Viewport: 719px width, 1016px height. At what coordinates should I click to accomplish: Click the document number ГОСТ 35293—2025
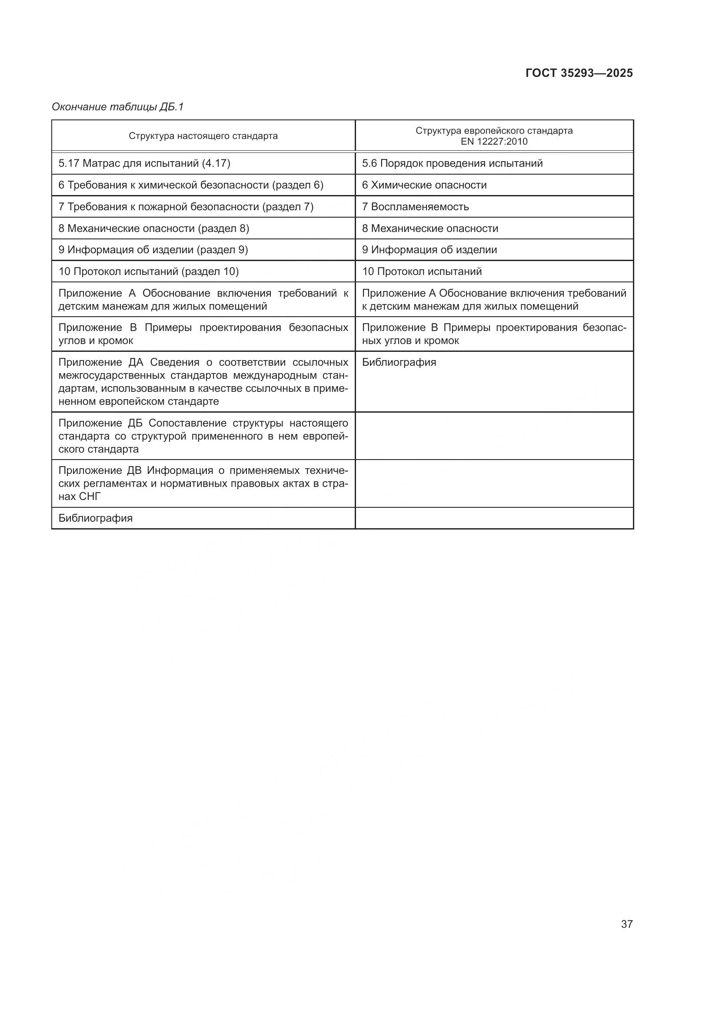click(579, 73)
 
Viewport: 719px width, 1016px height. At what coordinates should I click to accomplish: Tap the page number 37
click(626, 924)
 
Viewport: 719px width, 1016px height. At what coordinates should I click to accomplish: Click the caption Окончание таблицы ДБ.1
click(117, 107)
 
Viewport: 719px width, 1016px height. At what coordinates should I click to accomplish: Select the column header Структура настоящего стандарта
click(203, 136)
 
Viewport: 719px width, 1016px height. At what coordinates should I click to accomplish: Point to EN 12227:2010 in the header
click(494, 142)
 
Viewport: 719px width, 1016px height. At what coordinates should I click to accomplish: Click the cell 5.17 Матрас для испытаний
click(144, 163)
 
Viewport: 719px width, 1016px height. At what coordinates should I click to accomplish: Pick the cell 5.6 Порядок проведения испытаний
click(452, 163)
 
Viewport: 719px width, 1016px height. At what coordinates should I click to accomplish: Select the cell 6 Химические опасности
click(424, 185)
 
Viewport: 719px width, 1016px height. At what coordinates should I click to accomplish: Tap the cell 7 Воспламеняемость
click(415, 207)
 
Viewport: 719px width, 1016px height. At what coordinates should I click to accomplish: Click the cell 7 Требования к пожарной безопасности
click(186, 207)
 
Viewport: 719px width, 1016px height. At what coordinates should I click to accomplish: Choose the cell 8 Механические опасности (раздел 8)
click(153, 228)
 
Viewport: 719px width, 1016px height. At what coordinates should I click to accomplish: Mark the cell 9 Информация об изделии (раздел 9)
click(153, 250)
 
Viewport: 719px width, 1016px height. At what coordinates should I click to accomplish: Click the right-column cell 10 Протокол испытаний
click(422, 271)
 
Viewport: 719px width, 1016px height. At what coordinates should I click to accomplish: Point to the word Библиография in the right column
click(399, 362)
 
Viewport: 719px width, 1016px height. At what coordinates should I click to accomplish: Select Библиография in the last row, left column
click(95, 518)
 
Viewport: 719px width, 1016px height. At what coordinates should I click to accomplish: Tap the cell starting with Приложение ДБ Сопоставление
click(203, 436)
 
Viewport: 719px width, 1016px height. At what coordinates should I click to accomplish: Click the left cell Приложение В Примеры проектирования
click(203, 334)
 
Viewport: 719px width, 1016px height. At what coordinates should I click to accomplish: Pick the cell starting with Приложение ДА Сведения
click(203, 381)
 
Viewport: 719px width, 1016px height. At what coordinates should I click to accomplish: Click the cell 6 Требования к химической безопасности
click(191, 185)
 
